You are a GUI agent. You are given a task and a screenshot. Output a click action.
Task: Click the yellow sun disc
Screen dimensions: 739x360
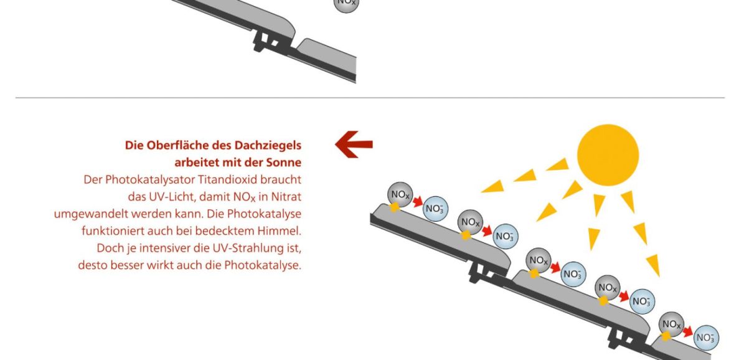point(608,154)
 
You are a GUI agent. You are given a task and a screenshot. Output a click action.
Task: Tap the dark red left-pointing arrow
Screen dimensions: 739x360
point(354,144)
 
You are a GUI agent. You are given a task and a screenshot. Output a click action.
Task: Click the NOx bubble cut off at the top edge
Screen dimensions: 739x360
point(346,4)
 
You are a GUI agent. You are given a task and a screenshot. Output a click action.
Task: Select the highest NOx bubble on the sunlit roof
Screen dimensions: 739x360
point(400,195)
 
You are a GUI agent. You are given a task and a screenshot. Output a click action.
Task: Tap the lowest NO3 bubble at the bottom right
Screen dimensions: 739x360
point(706,338)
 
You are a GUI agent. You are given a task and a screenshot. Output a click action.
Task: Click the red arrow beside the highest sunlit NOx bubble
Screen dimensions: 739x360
point(418,202)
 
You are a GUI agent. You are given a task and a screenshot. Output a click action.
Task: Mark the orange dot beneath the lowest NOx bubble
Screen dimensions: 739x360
point(666,336)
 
